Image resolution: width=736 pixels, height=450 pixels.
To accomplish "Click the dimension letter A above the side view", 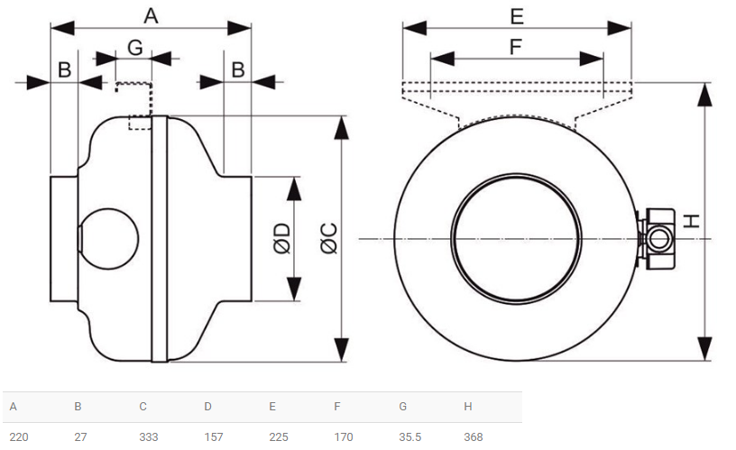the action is click(151, 16).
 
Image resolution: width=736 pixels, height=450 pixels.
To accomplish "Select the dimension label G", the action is click(135, 48).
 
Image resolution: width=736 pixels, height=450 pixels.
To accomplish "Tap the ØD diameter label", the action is click(282, 238).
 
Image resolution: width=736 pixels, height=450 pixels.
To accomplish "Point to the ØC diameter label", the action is click(329, 238).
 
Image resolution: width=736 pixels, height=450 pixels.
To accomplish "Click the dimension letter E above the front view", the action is click(517, 16).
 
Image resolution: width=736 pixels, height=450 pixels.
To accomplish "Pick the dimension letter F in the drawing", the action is click(516, 47).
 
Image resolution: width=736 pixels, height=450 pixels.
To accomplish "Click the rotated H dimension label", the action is click(692, 221).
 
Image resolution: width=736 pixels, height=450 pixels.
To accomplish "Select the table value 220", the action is click(19, 436).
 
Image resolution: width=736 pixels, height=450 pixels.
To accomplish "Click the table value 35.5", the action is click(410, 436).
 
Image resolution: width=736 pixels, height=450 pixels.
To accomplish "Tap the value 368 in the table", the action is click(474, 436).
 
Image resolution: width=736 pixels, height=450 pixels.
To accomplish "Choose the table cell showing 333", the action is click(148, 436).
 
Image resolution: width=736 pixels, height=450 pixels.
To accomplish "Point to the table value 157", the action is click(214, 436).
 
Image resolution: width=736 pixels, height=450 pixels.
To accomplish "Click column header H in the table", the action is click(468, 407).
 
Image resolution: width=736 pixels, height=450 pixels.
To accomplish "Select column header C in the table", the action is click(143, 407).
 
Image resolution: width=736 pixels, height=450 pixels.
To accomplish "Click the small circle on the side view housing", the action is click(108, 239).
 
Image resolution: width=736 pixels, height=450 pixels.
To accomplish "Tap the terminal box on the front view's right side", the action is click(657, 239).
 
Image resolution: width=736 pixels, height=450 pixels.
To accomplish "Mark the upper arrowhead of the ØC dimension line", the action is click(341, 128).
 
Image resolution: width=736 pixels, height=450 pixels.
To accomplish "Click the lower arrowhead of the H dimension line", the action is click(704, 349).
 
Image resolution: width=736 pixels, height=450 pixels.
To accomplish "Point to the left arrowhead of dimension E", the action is click(415, 28).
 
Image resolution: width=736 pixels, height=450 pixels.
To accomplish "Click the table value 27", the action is click(80, 436).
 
